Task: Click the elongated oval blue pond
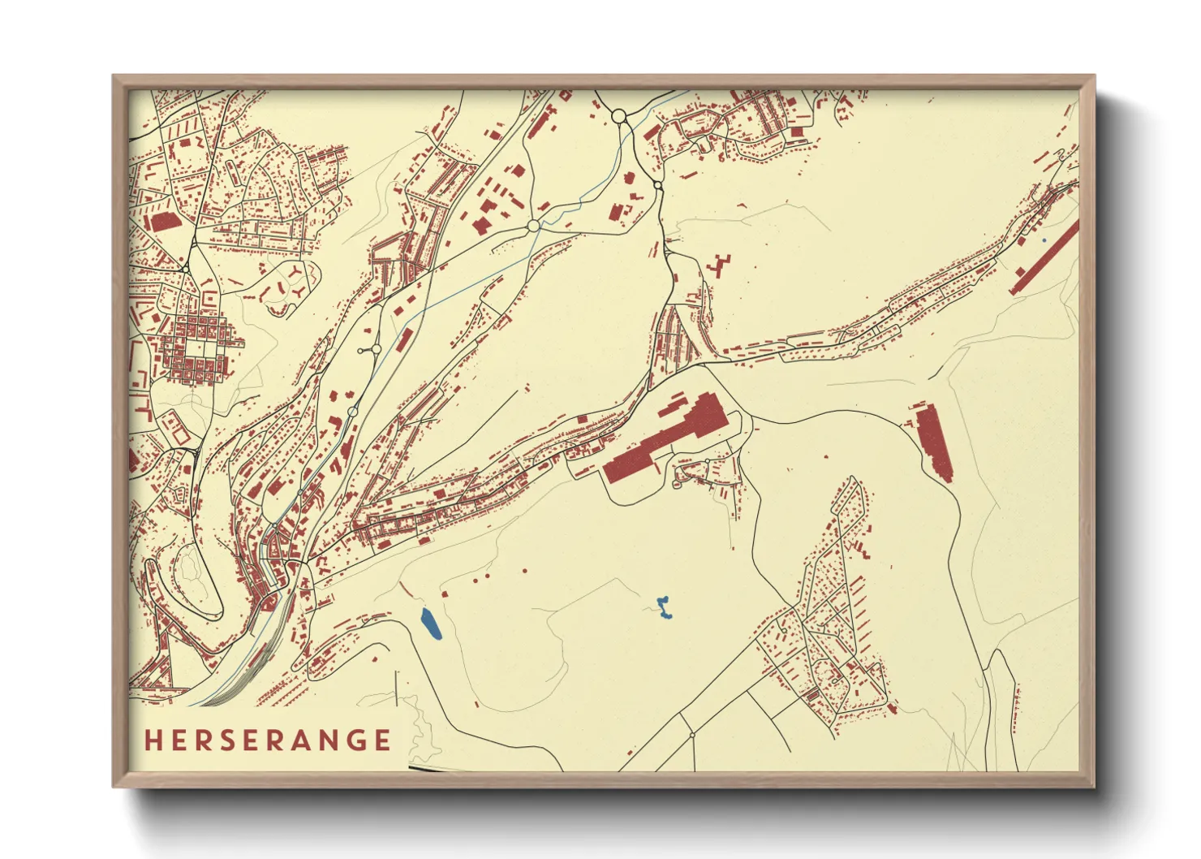coord(431,624)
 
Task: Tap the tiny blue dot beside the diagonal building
coord(1044,240)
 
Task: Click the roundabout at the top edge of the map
coord(618,116)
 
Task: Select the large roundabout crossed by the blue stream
coord(533,225)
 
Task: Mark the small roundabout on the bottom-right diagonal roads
coord(692,735)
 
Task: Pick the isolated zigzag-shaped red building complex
coord(719,265)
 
